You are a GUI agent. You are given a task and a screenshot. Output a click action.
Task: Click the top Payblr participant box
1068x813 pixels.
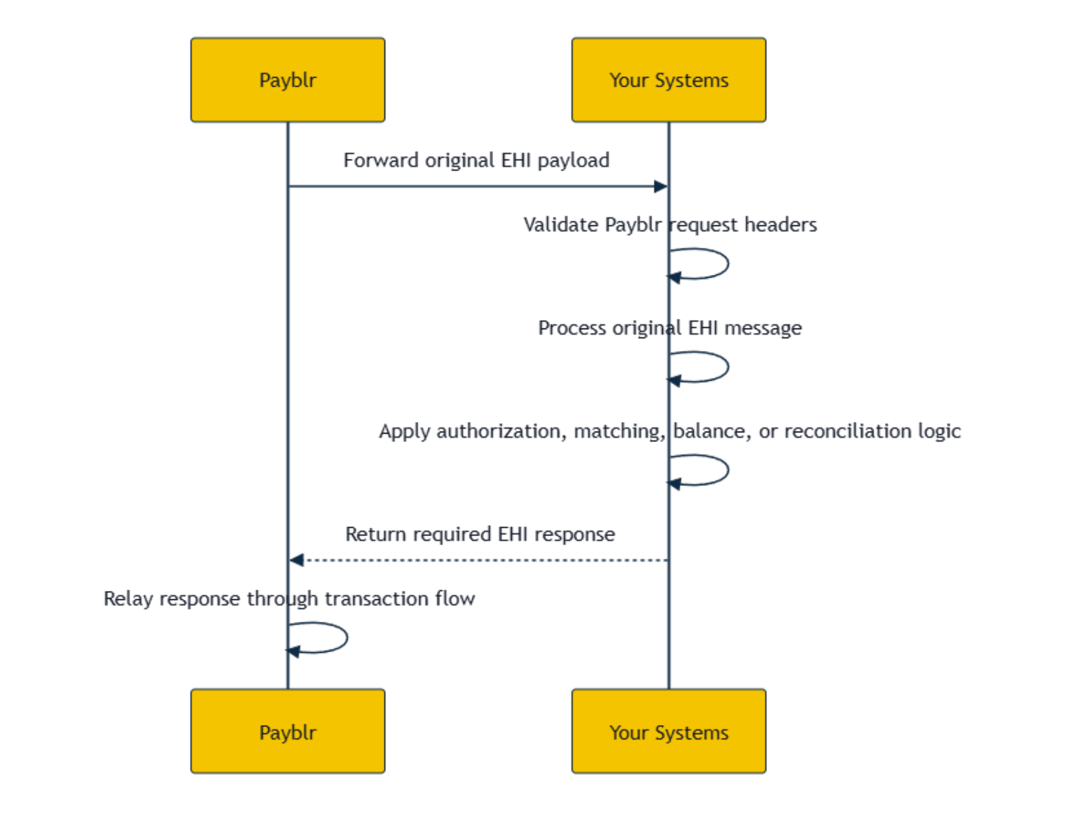click(x=287, y=80)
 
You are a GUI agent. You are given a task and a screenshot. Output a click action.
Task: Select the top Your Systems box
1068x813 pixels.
click(x=668, y=80)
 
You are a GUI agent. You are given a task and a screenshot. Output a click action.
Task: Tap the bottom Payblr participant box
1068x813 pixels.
click(x=287, y=731)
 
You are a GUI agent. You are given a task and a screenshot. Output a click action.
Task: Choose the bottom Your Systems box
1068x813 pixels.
click(x=668, y=731)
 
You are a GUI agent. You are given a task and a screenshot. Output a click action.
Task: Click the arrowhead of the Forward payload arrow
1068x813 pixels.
click(x=661, y=186)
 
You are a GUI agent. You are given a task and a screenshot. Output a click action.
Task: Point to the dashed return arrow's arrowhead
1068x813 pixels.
click(x=296, y=560)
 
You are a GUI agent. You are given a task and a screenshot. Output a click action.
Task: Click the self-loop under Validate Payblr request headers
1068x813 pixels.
click(x=728, y=263)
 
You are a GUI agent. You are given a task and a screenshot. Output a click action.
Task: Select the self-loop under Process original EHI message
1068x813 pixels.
click(x=728, y=366)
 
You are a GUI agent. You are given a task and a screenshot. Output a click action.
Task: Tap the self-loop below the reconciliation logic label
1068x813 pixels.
click(x=728, y=469)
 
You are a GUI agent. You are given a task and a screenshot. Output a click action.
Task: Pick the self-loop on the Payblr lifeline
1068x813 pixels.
click(x=347, y=638)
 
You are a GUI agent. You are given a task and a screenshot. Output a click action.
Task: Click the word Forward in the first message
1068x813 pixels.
click(x=380, y=160)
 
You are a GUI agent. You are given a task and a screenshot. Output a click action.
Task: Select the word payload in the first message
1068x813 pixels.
click(x=573, y=161)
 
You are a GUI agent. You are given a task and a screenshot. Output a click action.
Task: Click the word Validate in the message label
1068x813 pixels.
click(x=560, y=225)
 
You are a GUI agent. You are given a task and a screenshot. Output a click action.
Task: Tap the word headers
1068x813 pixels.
click(x=781, y=225)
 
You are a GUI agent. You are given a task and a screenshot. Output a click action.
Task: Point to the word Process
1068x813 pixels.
click(x=572, y=328)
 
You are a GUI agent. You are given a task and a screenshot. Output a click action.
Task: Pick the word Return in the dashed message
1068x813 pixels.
click(x=375, y=535)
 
